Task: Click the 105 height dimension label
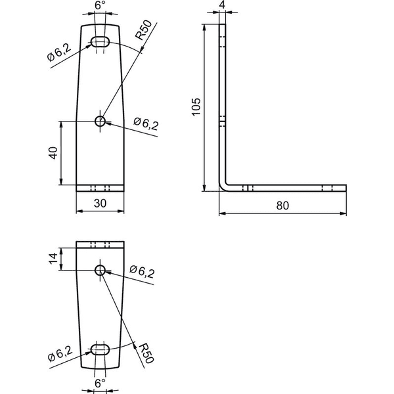click(196, 107)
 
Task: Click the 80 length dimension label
click(282, 206)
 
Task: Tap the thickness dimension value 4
click(223, 5)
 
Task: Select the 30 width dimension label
click(100, 204)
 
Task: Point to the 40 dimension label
click(53, 153)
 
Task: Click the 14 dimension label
click(53, 259)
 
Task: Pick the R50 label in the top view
click(144, 30)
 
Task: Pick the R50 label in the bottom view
click(146, 353)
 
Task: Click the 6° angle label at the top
click(100, 5)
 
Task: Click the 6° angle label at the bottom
click(100, 383)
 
